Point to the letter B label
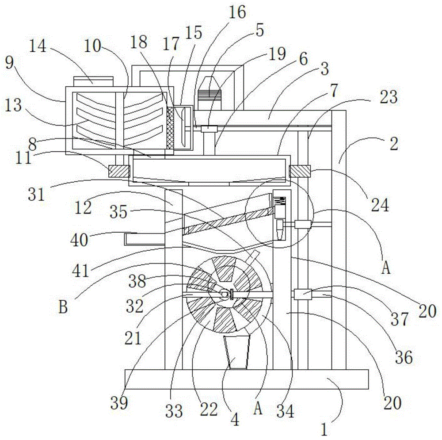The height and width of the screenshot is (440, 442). (x=63, y=306)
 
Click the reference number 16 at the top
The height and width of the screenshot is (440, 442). (x=237, y=12)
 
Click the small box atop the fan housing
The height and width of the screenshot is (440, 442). (x=93, y=80)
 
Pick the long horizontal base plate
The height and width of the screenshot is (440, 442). (x=247, y=379)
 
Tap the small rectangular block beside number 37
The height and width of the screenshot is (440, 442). (x=303, y=294)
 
